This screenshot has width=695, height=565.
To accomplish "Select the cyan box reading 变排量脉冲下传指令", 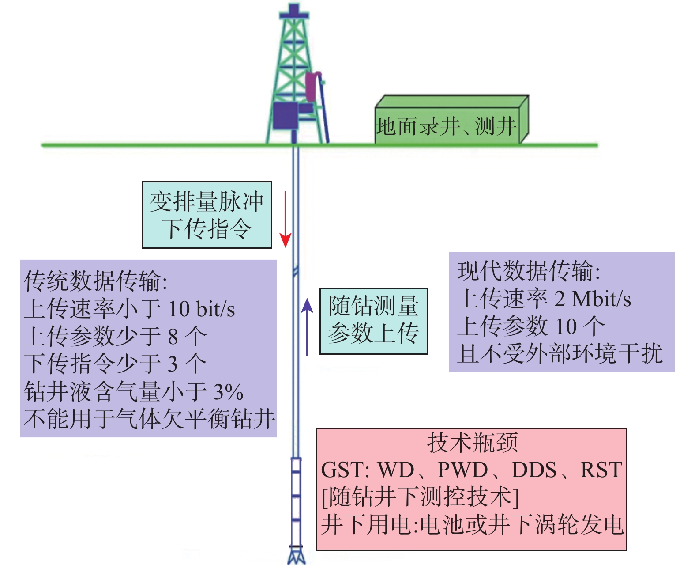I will coord(207,215).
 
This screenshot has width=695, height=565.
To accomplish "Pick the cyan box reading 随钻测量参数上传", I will coord(373,321).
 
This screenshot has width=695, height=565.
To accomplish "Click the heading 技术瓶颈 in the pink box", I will coord(472,443).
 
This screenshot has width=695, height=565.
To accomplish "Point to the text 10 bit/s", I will coord(202,309).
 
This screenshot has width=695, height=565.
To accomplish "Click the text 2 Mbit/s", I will coord(592,299).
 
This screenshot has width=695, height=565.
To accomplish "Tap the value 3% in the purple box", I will coord(228,392).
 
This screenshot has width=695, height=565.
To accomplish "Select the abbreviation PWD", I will coord(462,470).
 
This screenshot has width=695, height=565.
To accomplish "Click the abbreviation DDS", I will coord(534,470).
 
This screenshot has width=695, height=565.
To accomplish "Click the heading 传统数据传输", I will coord(95,281).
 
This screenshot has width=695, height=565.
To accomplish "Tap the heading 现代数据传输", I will coord(529,271).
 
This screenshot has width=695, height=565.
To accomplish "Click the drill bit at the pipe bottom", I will coord(297,555).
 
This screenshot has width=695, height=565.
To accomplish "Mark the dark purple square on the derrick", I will coord(285,116).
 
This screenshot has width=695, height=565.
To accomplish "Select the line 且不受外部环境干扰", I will coord(560,354).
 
